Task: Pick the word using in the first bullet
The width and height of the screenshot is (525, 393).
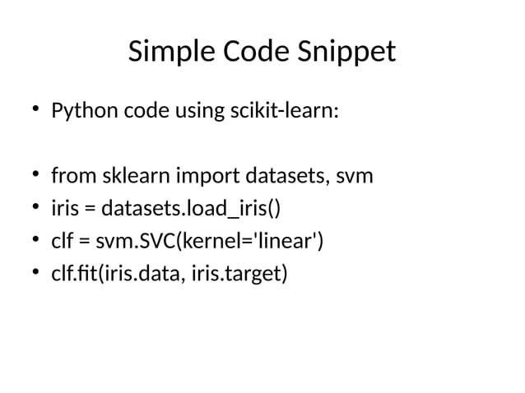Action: pyautogui.click(x=194, y=111)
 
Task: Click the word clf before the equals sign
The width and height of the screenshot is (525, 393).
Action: pyautogui.click(x=62, y=242)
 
